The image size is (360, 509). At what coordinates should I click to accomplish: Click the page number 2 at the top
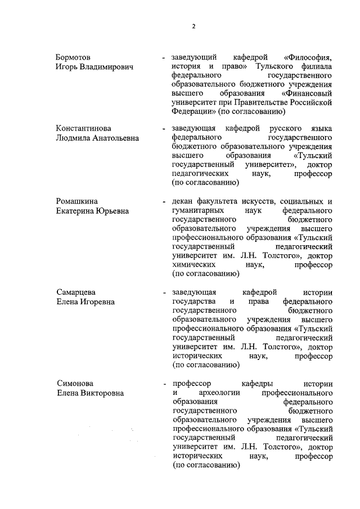pos(193,26)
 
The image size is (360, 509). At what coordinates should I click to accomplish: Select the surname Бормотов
pos(74,57)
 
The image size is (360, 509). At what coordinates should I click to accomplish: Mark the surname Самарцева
pos(76,292)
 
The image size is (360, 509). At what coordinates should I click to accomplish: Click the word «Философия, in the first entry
pos(308,57)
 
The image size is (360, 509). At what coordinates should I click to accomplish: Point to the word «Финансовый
pos(307,93)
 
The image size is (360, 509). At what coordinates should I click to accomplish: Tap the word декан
pos(183,201)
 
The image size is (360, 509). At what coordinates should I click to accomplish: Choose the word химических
pos(195,265)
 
